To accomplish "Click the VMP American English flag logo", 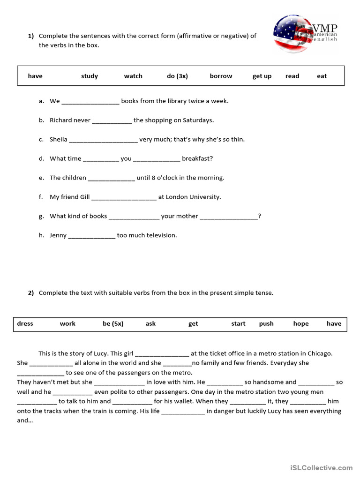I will (305, 34).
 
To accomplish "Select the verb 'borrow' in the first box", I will (221, 76).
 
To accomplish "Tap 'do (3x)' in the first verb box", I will (177, 76).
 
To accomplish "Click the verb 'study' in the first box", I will (89, 76).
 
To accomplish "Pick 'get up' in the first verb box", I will (262, 76).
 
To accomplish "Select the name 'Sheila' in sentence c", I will (59, 139).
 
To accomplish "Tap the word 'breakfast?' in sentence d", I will (197, 158).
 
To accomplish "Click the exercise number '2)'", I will (30, 293).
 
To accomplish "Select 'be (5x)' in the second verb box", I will (113, 323).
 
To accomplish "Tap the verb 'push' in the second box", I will (266, 323).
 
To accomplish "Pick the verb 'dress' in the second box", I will (25, 323).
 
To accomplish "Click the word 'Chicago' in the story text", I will (319, 353).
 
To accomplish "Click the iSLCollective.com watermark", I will (321, 467).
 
